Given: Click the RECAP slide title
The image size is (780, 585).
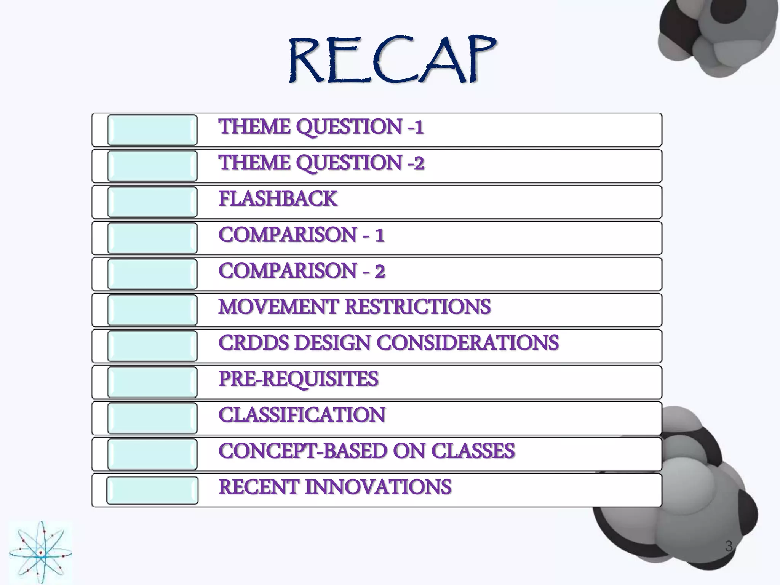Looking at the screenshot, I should [392, 60].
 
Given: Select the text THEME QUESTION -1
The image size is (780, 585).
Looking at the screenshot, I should [321, 127].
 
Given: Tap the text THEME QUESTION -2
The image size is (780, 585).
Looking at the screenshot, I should [321, 163].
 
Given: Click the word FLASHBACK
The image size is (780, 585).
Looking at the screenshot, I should [278, 199].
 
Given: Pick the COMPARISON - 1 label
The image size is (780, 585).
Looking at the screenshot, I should [301, 235].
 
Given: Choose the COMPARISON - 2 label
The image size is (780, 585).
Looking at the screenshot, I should [302, 271].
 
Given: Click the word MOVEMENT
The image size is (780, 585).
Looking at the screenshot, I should [278, 307].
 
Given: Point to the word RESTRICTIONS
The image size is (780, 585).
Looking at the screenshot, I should [418, 307].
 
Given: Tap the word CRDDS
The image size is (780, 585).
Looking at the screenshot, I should [254, 343].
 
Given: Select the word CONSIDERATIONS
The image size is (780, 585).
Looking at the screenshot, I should [468, 343].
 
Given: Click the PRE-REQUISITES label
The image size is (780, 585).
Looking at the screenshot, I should [298, 379].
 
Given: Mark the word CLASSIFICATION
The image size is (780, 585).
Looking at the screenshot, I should [302, 415].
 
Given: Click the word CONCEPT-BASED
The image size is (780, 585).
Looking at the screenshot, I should [302, 451].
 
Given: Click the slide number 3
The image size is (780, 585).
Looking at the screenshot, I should [729, 546].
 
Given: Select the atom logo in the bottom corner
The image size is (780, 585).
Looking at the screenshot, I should [40, 552].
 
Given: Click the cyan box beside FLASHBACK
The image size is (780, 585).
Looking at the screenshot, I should [152, 202].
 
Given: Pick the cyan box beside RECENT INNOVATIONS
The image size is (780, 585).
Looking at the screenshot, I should [152, 490].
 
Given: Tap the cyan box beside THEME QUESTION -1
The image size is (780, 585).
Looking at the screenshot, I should [152, 130].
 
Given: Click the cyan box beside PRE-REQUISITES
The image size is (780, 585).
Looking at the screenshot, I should [152, 382].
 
